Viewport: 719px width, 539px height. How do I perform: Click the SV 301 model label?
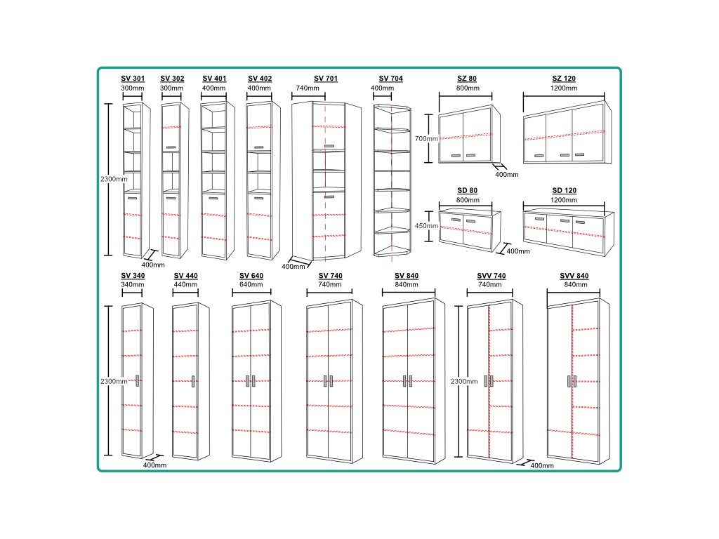tap(132, 79)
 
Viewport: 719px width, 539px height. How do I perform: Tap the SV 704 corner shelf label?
tap(393, 79)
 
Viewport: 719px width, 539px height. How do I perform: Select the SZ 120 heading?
tap(564, 79)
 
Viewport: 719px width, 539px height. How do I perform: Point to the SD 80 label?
tap(467, 191)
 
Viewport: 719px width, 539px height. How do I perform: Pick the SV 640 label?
tap(251, 276)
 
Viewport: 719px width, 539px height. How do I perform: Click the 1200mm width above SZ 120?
tap(564, 88)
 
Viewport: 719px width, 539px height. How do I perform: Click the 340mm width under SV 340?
tap(133, 285)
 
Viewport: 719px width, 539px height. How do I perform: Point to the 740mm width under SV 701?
tap(308, 88)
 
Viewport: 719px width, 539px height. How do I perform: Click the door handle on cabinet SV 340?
tap(138, 380)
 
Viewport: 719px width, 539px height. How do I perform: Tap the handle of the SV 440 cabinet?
tap(193, 380)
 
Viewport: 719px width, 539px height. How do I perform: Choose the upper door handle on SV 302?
tap(171, 147)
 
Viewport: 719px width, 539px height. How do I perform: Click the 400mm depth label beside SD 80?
tap(518, 251)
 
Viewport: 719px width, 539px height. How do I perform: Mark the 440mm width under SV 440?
tap(186, 285)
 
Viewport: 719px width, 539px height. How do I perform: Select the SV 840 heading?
tap(407, 276)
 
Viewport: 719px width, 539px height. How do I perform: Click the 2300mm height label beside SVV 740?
tap(465, 381)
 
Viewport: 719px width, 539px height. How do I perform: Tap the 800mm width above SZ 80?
tap(467, 88)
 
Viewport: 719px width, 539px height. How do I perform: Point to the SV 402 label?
tap(260, 79)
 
